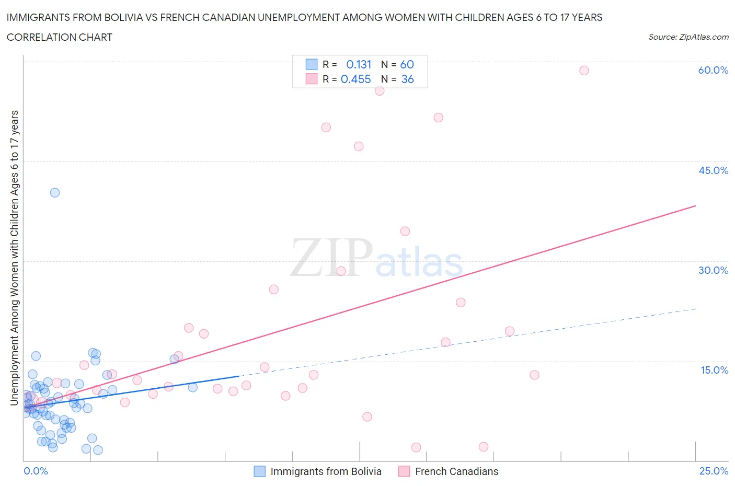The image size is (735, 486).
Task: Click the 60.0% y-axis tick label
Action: coord(713,70)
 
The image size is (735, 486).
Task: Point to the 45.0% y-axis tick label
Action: coord(713,170)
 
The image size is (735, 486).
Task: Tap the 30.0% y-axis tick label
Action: coord(713,270)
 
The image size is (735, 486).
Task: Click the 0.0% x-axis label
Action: coord(36,471)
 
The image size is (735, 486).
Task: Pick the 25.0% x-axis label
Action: coord(714,471)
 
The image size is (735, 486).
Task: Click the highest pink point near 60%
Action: coord(584,71)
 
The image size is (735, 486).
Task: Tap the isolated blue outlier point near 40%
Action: coord(55,192)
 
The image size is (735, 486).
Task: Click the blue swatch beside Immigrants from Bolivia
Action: coord(259,471)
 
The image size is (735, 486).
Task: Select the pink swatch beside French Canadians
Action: coord(404,471)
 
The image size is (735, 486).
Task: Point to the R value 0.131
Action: coord(359,64)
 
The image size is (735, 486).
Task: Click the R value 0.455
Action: coord(355,79)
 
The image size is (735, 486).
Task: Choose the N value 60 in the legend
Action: coord(407,64)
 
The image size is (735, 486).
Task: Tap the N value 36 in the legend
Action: coord(407,79)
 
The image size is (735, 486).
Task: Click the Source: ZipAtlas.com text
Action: coord(688,37)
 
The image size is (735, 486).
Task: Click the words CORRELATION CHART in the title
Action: coord(60,37)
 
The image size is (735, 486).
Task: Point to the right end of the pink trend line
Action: coord(695,206)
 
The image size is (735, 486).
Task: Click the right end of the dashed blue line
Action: coord(695,309)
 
